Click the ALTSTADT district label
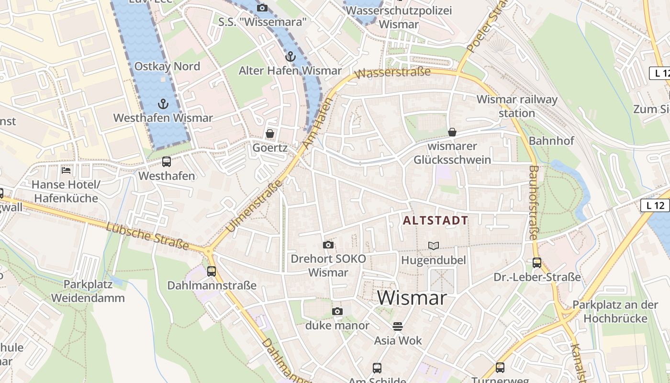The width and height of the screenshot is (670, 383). [x=435, y=221]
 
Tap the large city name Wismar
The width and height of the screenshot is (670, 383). [x=412, y=298]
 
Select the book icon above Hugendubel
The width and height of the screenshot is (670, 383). [x=434, y=246]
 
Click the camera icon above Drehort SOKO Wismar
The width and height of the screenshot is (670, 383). [x=328, y=245]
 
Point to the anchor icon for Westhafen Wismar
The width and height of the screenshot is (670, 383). [x=163, y=103]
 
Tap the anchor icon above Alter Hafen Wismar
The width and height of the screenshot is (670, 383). [x=290, y=56]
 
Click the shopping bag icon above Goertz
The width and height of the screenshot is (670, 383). [x=270, y=134]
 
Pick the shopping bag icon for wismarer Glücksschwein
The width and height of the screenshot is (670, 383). [x=452, y=132]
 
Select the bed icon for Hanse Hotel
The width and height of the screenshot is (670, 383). [x=66, y=170]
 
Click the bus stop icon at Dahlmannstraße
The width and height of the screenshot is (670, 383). [x=212, y=271]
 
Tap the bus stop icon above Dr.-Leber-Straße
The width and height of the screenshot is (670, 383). [x=537, y=263]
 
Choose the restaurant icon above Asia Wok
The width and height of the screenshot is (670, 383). [x=398, y=327]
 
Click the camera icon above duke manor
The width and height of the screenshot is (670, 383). [x=337, y=312]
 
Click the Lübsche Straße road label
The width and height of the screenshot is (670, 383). [x=147, y=236]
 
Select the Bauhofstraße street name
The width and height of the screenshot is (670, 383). [x=534, y=202]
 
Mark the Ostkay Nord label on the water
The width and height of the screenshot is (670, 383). [x=167, y=67]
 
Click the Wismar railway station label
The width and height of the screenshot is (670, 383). [x=517, y=106]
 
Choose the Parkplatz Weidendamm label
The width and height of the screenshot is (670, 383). [x=88, y=291]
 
